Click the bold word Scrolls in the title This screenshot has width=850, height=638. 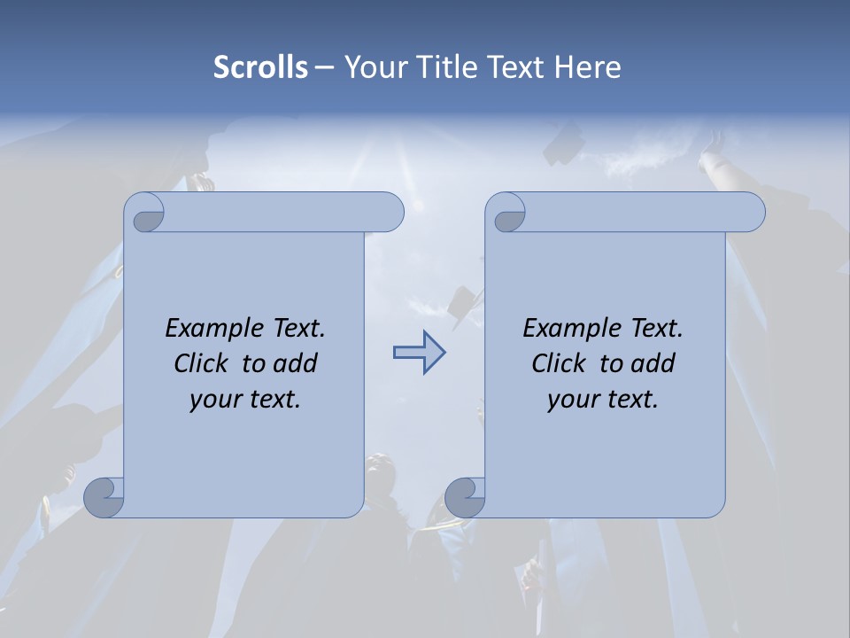coord(260,67)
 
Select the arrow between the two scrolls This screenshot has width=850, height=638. coord(419,354)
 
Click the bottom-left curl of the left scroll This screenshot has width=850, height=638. coord(104,497)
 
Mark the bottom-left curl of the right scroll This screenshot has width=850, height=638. coord(465,497)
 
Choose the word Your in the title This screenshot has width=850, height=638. coord(372,67)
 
